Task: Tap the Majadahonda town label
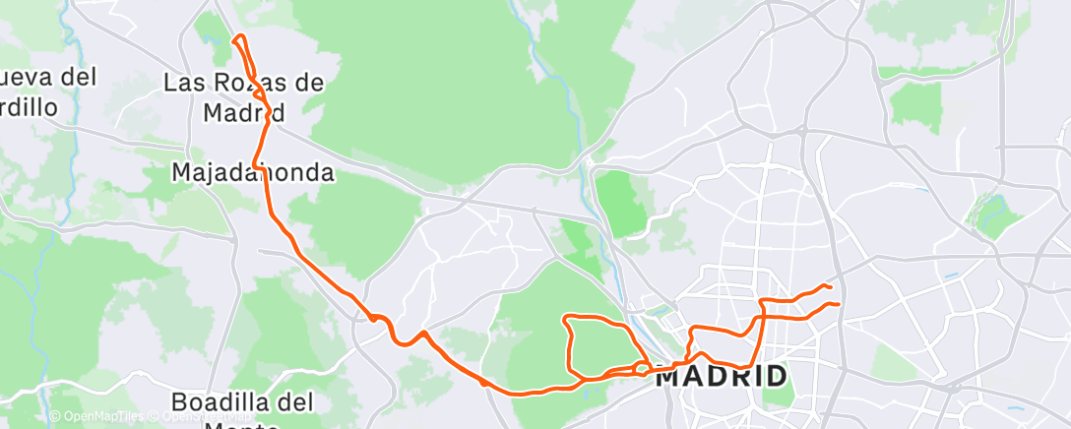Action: pyautogui.click(x=252, y=173)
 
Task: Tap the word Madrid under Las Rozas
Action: pyautogui.click(x=244, y=112)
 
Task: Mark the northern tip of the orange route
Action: pyautogui.click(x=234, y=38)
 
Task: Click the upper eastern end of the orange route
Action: pyautogui.click(x=832, y=286)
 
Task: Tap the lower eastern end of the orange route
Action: pyautogui.click(x=838, y=304)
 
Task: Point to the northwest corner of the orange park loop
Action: pyautogui.click(x=564, y=318)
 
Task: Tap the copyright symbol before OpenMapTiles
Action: pyautogui.click(x=54, y=417)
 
